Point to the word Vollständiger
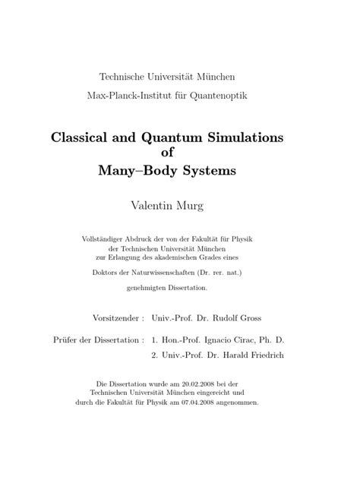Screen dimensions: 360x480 pyautogui.click(x=104, y=239)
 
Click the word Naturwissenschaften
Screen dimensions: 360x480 pyautogui.click(x=174, y=271)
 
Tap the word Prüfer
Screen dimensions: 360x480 pyautogui.click(x=62, y=340)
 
